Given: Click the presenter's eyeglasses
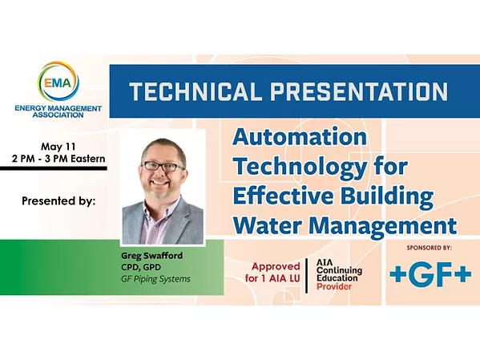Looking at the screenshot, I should (x=162, y=166).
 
